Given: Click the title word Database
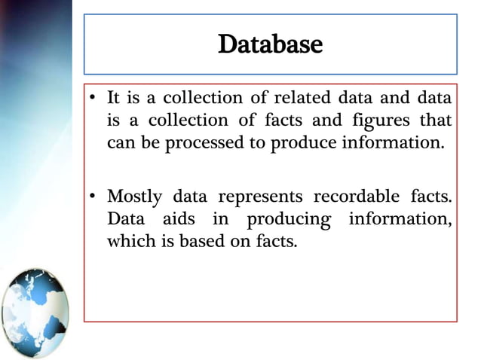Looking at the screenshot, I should coord(270,45).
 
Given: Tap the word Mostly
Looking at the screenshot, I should coord(134,197).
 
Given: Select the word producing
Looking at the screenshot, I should coord(290,221).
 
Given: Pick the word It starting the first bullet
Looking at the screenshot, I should coord(114,98).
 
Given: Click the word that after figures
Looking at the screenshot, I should coord(437,121).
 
